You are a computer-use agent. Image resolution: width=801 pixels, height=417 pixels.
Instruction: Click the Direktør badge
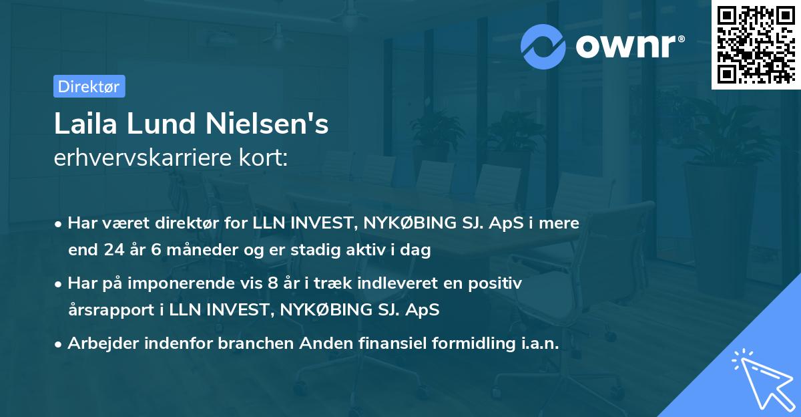[x=89, y=86]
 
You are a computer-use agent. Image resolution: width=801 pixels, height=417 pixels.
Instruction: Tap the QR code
[x=755, y=45]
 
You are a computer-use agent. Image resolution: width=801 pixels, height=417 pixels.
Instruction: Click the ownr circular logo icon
[x=544, y=46]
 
